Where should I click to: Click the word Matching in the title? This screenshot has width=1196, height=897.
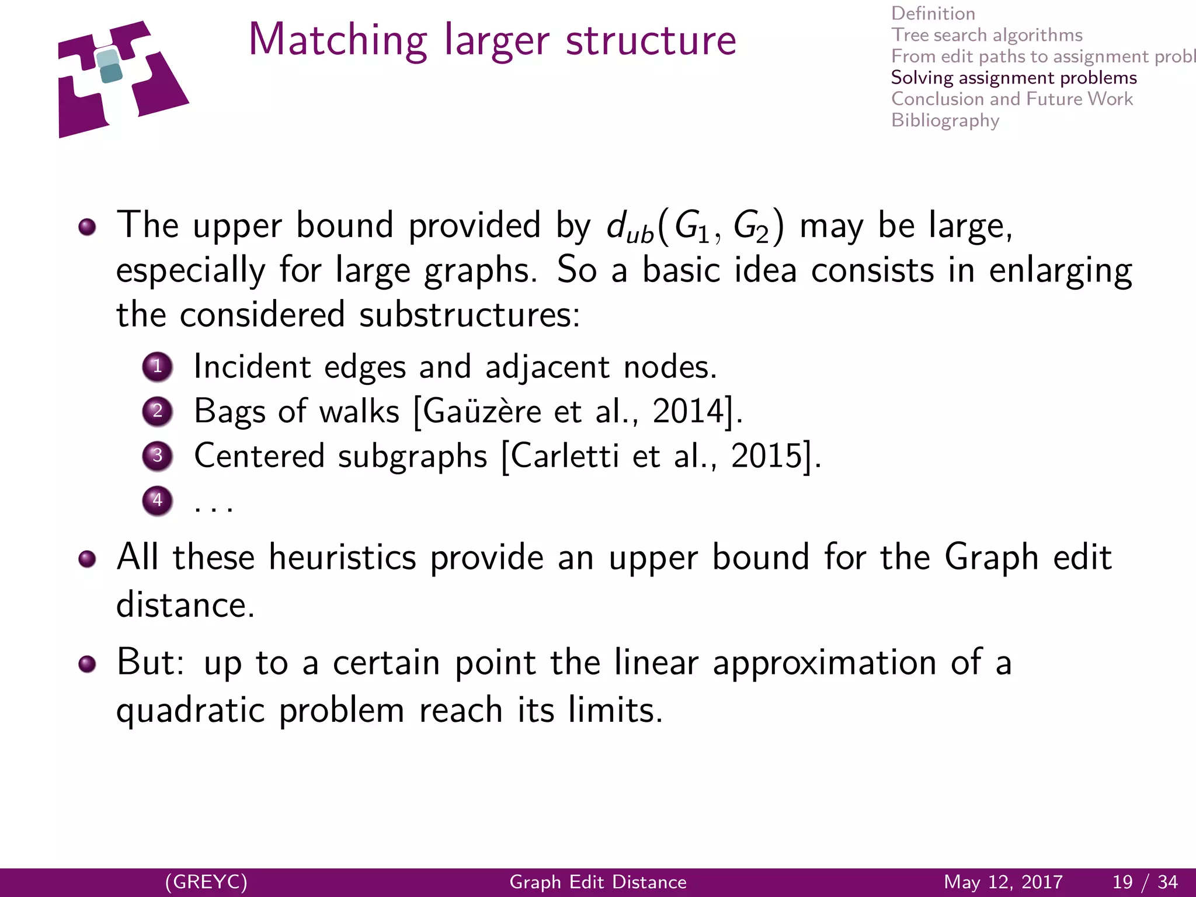pyautogui.click(x=338, y=41)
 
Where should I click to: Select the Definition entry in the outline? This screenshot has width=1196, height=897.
pyautogui.click(x=933, y=13)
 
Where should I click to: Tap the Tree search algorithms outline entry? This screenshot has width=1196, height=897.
pyautogui.click(x=986, y=35)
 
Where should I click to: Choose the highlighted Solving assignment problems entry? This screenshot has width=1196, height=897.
pyautogui.click(x=1013, y=78)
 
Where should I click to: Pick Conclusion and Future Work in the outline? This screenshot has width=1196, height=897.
pyautogui.click(x=1011, y=99)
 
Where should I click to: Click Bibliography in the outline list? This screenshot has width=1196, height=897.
pyautogui.click(x=945, y=120)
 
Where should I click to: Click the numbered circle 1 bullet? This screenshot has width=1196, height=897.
pyautogui.click(x=157, y=367)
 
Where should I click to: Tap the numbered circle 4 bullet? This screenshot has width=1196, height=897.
pyautogui.click(x=157, y=500)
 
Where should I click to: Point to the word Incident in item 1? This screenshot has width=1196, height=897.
pyautogui.click(x=252, y=367)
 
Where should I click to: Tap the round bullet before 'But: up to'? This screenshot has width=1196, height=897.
pyautogui.click(x=88, y=664)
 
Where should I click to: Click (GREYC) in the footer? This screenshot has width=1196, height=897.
pyautogui.click(x=206, y=882)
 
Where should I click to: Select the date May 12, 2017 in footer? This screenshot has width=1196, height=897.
pyautogui.click(x=1003, y=882)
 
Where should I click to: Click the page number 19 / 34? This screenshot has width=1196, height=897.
pyautogui.click(x=1145, y=882)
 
